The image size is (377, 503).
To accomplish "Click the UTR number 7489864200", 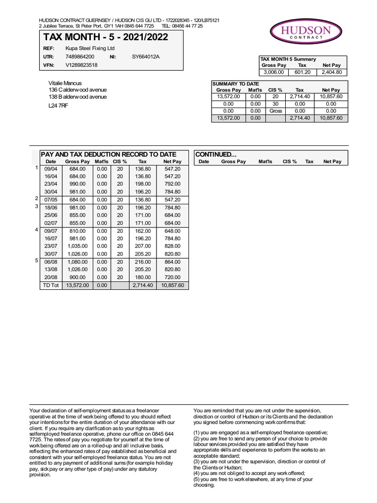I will click(80, 57).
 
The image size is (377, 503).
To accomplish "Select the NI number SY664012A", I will click(146, 57).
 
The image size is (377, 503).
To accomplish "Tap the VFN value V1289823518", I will click(81, 65).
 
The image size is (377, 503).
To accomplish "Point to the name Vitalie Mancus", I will click(65, 83).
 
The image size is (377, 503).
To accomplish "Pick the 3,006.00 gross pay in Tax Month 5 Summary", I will click(274, 72).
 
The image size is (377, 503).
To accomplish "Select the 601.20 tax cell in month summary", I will click(302, 72).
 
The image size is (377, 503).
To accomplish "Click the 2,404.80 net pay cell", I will click(331, 72).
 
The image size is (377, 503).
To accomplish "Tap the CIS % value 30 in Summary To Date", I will click(275, 104).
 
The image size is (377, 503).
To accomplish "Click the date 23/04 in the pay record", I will click(51, 184).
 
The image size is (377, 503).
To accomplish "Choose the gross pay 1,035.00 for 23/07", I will click(78, 246).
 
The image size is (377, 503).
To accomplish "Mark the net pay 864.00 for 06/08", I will click(172, 262).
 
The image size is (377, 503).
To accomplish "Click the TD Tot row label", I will click(51, 285).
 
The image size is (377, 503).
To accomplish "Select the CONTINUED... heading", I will click(216, 154).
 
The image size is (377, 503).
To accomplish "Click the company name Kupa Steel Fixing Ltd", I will click(90, 49).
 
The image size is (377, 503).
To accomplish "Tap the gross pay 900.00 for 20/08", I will click(78, 278).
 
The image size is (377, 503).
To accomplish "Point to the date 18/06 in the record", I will click(51, 208).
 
